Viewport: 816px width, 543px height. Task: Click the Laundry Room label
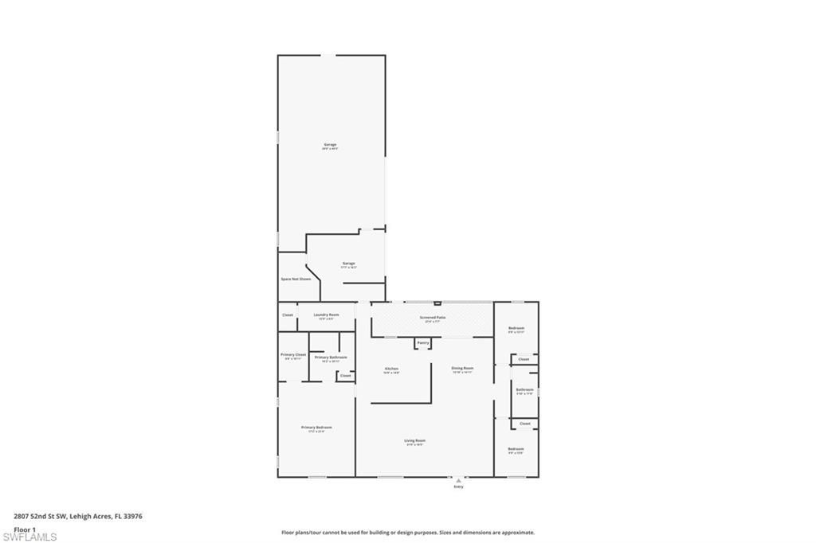point(327,314)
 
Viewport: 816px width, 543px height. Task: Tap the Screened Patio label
point(433,317)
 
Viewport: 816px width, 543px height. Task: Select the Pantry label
point(423,343)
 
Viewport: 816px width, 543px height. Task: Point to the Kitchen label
point(391,369)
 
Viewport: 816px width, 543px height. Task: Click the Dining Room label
point(463,368)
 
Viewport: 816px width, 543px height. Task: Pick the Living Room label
point(415,440)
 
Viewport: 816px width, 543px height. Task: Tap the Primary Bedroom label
point(316,428)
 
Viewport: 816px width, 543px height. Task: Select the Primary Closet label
point(293,354)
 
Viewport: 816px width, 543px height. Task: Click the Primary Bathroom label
point(331,357)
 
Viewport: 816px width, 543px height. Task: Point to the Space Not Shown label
point(296,279)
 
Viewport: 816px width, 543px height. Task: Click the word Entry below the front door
point(458,486)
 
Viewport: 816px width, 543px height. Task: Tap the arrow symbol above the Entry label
point(458,480)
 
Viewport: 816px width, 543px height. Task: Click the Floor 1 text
point(25,529)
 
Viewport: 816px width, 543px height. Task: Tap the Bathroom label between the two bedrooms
point(524,389)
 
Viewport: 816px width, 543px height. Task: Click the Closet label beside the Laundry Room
point(288,314)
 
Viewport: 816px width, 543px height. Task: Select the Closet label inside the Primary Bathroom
point(345,375)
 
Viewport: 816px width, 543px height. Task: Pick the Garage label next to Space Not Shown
point(349,263)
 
